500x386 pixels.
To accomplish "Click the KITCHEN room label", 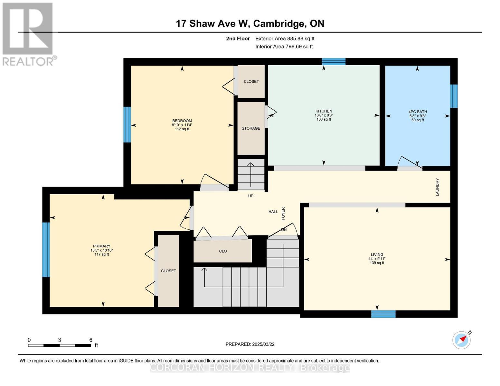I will pos(324,111).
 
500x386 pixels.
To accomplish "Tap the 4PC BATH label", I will pos(418,112).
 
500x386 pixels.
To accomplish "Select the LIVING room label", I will pos(377,254).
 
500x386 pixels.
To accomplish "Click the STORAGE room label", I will pos(251,128).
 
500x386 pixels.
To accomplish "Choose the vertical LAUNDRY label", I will pos(437,187).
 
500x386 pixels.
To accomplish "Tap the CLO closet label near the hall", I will pos(223,251).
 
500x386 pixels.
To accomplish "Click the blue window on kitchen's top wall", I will pos(334,61).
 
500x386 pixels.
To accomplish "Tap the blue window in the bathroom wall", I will pos(454,96).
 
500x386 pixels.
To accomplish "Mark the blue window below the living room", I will pos(383,314).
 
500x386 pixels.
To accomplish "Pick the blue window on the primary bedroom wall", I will pos(46,250).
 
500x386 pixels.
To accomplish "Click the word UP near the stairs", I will pos(251,196).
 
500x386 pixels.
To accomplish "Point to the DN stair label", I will pos(284,230).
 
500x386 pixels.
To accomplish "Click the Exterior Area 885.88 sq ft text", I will pos(285,39).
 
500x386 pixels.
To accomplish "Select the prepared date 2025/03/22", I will pos(250,344).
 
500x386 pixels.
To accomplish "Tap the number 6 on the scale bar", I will pos(91,340).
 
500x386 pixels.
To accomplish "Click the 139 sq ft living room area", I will pos(377,263).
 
